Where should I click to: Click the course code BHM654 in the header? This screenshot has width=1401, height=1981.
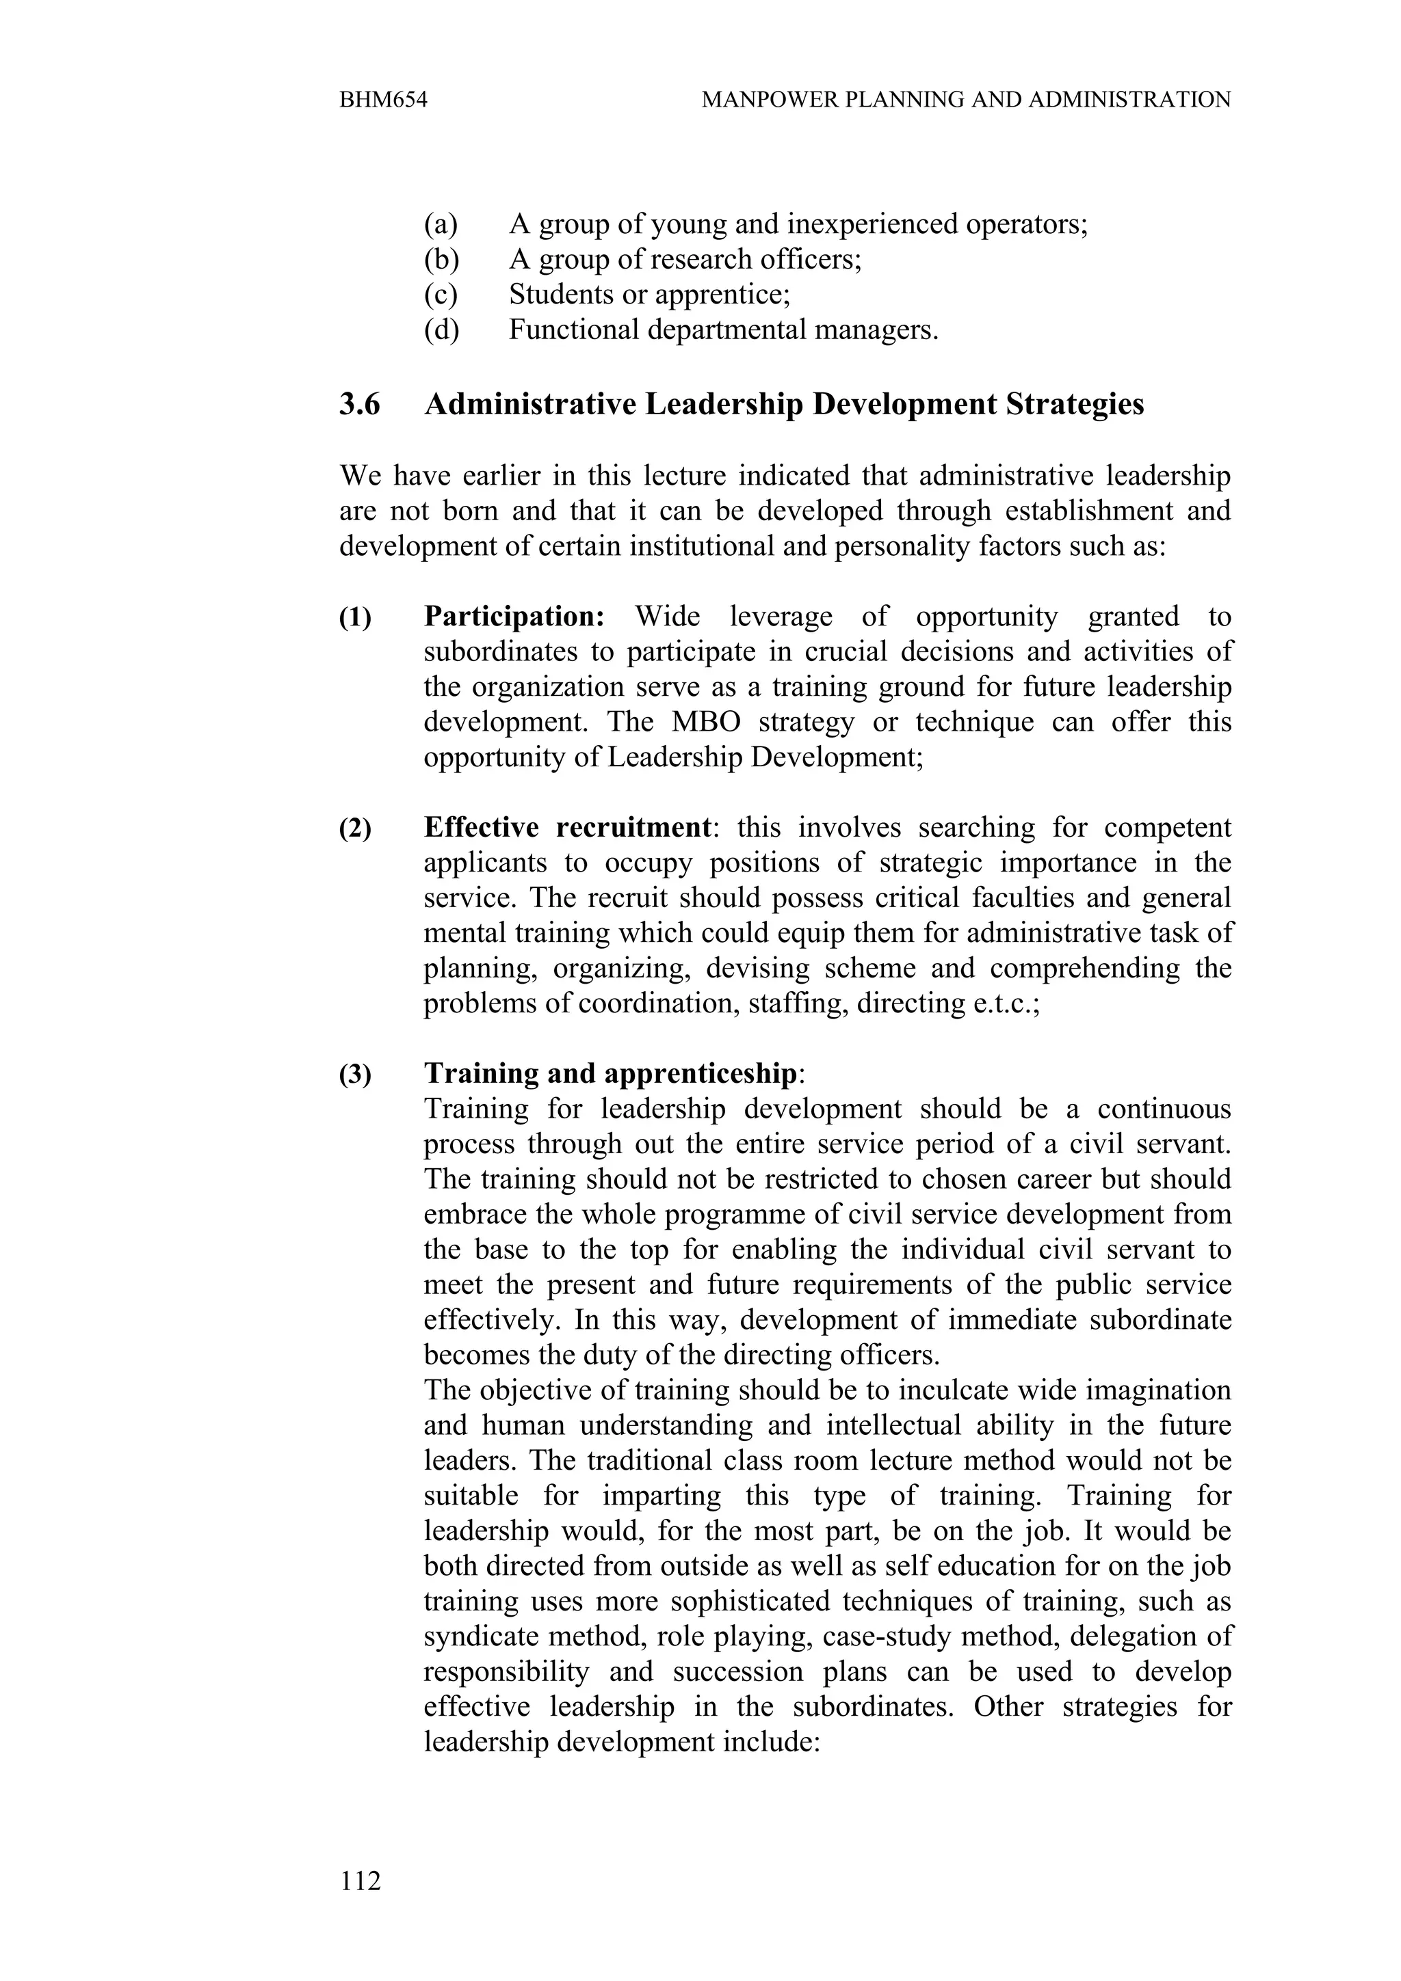tap(383, 100)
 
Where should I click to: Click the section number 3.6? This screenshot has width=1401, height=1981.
tap(359, 404)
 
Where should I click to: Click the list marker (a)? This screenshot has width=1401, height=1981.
tap(441, 224)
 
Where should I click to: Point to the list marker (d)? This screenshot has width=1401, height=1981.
tap(441, 329)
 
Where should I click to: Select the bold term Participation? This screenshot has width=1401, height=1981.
tap(514, 616)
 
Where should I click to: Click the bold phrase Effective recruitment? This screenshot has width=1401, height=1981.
tap(567, 827)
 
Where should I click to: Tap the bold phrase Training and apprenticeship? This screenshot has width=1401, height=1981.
tap(610, 1073)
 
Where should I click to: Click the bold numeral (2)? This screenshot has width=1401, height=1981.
tap(355, 829)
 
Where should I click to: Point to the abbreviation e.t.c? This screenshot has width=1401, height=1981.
tap(1005, 1003)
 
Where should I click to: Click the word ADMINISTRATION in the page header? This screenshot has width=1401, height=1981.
tap(1130, 100)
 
